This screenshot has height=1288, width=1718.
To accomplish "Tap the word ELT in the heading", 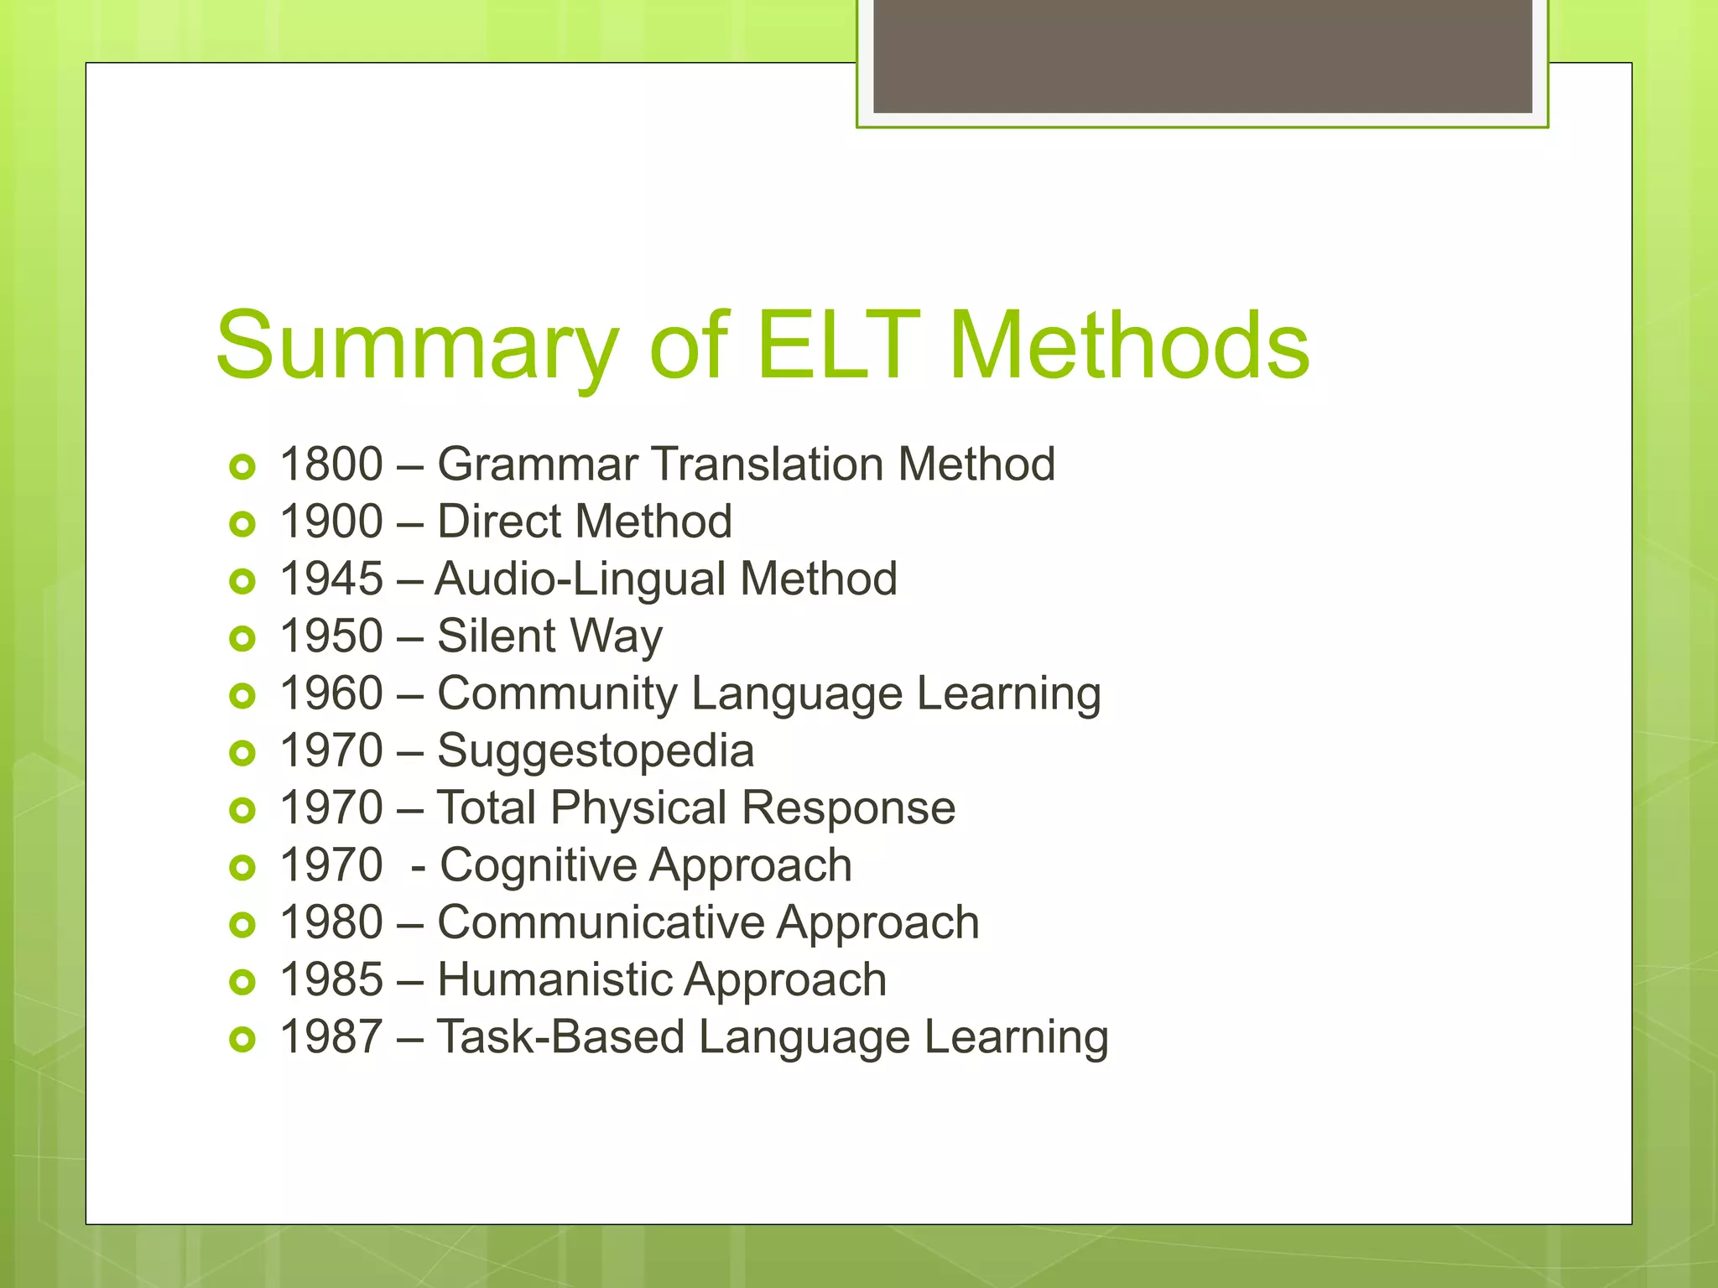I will click(x=838, y=345).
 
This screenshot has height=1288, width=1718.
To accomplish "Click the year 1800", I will click(x=331, y=464).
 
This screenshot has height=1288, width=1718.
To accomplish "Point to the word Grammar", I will click(x=537, y=464).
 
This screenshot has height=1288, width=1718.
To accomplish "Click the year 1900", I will click(x=331, y=521).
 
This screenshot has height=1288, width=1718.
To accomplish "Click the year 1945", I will click(x=331, y=579).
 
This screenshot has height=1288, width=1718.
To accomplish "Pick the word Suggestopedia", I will click(x=596, y=750).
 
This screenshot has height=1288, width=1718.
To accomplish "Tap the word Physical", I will click(x=639, y=808).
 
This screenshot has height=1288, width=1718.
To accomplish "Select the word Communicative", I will click(x=601, y=922).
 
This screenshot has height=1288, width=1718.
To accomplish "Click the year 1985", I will click(x=331, y=979).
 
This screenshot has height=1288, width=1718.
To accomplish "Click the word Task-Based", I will click(x=560, y=1036).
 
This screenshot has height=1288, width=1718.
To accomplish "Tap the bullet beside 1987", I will click(x=242, y=1040).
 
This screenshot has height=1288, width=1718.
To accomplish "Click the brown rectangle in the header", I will click(x=1202, y=55).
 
